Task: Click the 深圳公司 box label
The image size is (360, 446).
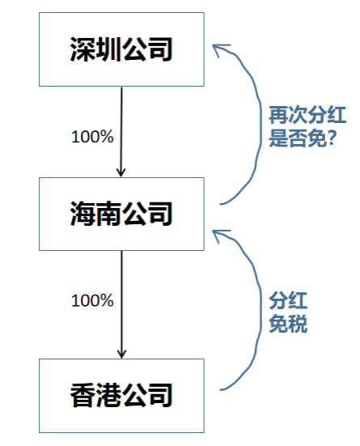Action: coord(121,49)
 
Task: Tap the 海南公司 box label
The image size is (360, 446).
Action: coord(121,214)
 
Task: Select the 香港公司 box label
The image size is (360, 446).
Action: coord(121,395)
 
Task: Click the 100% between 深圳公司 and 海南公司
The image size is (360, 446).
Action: coord(92,137)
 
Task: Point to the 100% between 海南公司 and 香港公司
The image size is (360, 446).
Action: coord(92,300)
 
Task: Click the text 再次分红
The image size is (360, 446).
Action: coord(307,115)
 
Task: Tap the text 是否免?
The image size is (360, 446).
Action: coord(303,138)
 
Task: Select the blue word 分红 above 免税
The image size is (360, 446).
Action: coord(288,300)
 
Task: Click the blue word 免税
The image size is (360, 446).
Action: coord(288,324)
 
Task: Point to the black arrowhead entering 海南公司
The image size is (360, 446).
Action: coord(121,172)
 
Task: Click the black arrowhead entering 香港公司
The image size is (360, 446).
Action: coord(121,354)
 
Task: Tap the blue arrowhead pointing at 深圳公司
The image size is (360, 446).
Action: coord(219,49)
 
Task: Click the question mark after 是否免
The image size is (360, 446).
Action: coord(332,138)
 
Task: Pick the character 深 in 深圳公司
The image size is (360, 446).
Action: coord(83,49)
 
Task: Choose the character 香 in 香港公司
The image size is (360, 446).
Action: coord(83,395)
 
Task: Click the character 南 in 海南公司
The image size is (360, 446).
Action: coord(108,214)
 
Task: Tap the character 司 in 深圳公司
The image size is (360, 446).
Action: coord(160,49)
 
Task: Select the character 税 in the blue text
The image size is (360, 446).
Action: coord(298,324)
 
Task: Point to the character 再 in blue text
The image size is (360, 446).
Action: coord(278,115)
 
